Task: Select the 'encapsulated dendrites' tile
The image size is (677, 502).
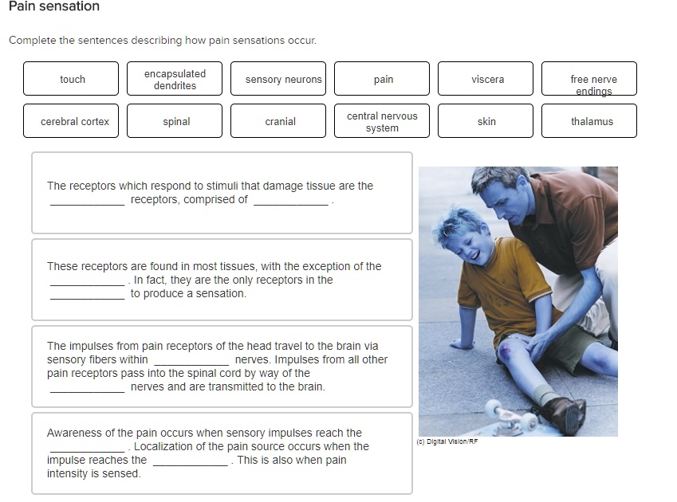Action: pos(175,79)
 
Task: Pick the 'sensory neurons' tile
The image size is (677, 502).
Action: pos(278,79)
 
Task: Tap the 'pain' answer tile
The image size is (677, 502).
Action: pos(382,79)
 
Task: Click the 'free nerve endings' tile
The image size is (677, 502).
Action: pos(589,79)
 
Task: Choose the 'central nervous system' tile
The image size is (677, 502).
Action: pos(382,121)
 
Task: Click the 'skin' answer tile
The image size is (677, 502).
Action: pos(486,121)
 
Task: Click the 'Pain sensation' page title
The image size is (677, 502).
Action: pos(54,7)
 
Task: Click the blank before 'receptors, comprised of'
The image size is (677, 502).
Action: pos(87,201)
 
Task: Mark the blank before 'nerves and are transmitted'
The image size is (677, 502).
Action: pos(87,388)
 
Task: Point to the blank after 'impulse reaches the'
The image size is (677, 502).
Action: pos(190,461)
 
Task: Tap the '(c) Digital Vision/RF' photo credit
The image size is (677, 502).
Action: pos(447,441)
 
